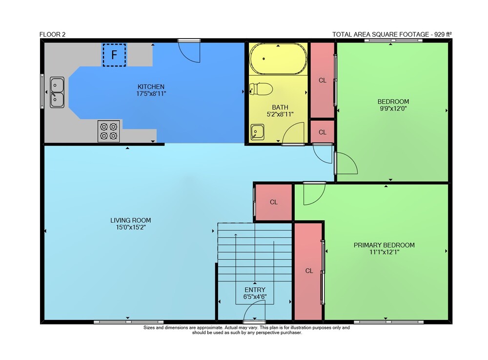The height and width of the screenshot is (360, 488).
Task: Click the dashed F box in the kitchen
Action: [114, 55]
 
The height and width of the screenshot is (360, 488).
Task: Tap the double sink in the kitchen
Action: [57, 92]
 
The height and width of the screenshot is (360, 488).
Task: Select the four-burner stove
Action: [109, 131]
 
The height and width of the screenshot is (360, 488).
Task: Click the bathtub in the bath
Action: [278, 59]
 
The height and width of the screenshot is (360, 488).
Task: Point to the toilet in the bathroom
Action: [261, 89]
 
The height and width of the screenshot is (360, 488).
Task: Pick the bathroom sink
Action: [257, 132]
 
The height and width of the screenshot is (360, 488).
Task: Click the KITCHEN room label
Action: [151, 87]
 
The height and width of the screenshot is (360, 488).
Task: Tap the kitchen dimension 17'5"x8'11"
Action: [151, 93]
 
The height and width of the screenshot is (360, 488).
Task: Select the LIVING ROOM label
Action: [131, 220]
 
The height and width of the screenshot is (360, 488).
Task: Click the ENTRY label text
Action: [255, 290]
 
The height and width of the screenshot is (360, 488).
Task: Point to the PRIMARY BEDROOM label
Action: [384, 245]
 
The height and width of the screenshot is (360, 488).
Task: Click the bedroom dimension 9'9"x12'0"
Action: [393, 108]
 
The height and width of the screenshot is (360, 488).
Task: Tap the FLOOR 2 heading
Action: [52, 35]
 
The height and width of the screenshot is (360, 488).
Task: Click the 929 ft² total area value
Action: [443, 34]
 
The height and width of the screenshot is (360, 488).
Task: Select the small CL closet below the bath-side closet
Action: [323, 132]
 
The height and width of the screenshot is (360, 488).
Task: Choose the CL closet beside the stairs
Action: [274, 202]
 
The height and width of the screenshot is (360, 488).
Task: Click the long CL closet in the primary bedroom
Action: [309, 271]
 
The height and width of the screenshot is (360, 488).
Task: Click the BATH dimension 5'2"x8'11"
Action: [280, 114]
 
